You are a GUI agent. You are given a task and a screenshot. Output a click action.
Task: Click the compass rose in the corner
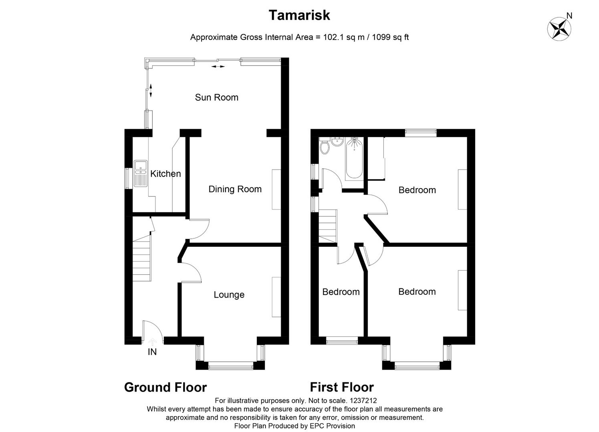(x=559, y=28)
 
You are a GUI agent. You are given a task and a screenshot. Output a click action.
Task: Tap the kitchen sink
(x=140, y=173)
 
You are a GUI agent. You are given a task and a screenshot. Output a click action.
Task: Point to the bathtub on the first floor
(x=354, y=158)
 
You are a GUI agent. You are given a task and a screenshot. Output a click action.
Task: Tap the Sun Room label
(x=217, y=98)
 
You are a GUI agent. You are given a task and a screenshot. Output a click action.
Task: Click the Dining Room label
(x=235, y=189)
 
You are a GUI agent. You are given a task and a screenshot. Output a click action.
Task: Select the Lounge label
(x=229, y=294)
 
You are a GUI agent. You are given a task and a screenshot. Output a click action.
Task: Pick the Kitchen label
(x=165, y=174)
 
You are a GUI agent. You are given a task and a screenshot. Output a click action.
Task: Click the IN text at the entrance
(x=152, y=352)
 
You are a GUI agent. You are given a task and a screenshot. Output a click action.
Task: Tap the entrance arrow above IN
(x=152, y=342)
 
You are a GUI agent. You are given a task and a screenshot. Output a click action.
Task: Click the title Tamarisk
(x=300, y=15)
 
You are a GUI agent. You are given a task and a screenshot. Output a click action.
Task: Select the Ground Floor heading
(x=165, y=387)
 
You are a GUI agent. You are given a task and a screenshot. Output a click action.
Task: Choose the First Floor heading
(x=342, y=387)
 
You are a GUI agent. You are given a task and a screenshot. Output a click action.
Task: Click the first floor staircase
(x=328, y=227)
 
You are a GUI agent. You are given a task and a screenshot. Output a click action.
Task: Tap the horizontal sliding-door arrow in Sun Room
(x=218, y=66)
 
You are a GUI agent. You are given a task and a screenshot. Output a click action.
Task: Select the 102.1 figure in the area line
(x=333, y=37)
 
